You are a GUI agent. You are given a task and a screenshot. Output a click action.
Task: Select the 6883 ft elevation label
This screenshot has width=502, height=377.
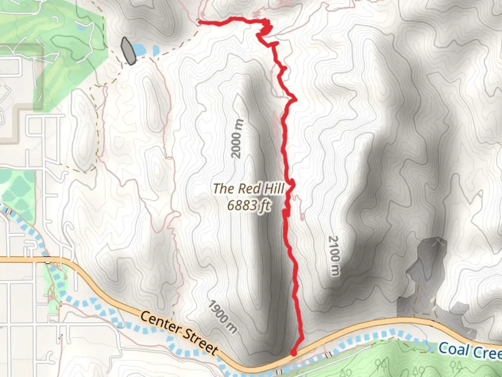pos(249,205)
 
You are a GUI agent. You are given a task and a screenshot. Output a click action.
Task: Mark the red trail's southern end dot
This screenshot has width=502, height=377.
pos(294,353)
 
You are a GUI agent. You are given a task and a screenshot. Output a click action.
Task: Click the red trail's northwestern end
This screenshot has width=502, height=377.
pos(199,23)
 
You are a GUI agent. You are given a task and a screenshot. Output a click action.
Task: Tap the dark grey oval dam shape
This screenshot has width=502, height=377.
pos(128,51)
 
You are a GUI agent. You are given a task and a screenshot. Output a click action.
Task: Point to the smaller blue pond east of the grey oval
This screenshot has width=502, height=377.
pos(156,51)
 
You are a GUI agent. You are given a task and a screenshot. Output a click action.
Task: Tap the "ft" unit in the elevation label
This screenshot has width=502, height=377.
pos(264,206)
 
